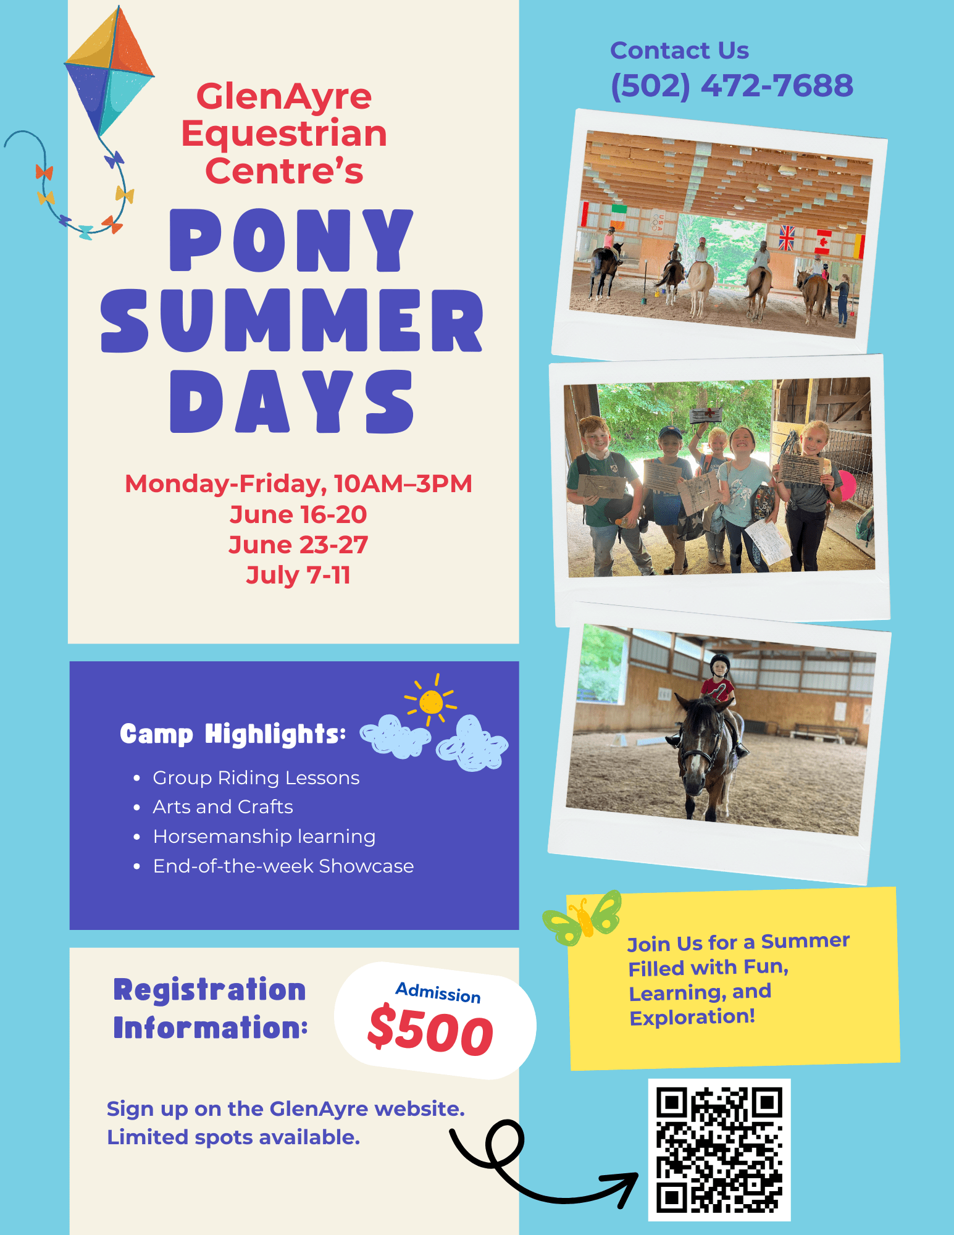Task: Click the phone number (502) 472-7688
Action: [x=732, y=86]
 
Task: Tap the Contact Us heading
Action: [x=679, y=51]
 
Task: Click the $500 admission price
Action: [x=430, y=1029]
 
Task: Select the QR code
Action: [x=719, y=1150]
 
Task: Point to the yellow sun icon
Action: [x=431, y=701]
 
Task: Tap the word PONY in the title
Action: [x=291, y=240]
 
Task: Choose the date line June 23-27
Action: [x=298, y=545]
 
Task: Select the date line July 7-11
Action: [x=298, y=575]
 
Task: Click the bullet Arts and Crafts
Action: [x=223, y=806]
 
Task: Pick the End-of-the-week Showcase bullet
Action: [x=283, y=866]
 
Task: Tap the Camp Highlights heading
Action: [x=233, y=734]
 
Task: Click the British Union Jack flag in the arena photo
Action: [x=787, y=238]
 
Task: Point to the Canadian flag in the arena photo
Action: [x=822, y=241]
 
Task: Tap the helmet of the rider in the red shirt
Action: [x=720, y=665]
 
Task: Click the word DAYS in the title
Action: [x=291, y=401]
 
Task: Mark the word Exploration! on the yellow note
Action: [x=692, y=1017]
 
